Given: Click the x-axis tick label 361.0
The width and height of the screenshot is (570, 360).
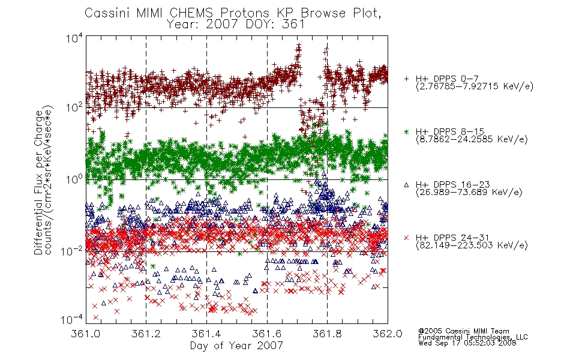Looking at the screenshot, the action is [x=85, y=334].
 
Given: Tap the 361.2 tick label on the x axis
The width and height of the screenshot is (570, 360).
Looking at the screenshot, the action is [x=146, y=334].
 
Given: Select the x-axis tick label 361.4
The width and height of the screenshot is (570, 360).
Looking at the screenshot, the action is [x=206, y=334].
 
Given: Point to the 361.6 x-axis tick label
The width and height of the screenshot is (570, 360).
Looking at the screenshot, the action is [x=267, y=334].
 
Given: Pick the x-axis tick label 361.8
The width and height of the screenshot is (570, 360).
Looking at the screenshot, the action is [x=327, y=334].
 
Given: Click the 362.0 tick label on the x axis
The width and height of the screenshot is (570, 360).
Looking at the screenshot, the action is [x=388, y=334].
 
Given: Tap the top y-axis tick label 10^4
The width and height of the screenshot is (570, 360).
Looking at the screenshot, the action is [x=74, y=38].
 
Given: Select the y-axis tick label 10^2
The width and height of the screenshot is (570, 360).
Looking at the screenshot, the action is [x=74, y=107].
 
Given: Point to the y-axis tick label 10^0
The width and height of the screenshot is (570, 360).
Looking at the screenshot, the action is [x=74, y=179].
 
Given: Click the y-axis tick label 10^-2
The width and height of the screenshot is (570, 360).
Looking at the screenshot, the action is [x=73, y=251].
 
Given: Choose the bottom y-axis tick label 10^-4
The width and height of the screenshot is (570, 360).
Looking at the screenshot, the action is [x=73, y=319].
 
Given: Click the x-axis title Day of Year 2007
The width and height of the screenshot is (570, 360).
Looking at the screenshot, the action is [x=236, y=346].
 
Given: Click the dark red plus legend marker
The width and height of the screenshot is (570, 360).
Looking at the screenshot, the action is [x=406, y=78].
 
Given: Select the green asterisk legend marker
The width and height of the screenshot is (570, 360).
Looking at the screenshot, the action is [x=406, y=131].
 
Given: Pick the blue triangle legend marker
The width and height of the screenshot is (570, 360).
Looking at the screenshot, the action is [x=406, y=185].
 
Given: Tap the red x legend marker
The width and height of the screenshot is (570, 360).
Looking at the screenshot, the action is [x=406, y=238].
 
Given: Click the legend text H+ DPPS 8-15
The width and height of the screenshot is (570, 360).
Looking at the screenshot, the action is [x=450, y=131].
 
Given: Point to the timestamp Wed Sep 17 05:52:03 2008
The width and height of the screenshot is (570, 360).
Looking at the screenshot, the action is [x=467, y=343].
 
